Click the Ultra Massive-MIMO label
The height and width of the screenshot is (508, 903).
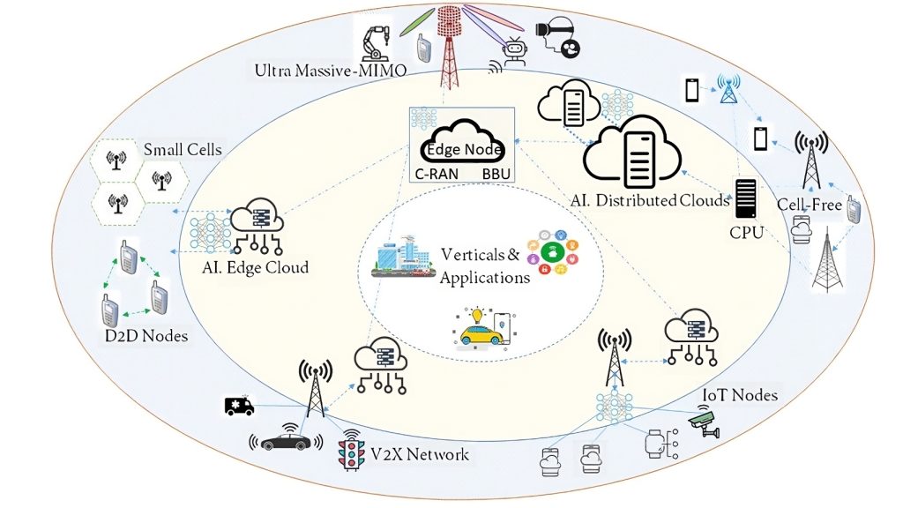click(331, 71)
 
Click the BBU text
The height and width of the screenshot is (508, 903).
click(496, 174)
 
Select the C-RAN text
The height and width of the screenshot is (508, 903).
click(437, 174)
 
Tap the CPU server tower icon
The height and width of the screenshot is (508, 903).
click(745, 198)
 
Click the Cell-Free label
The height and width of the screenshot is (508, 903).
click(810, 205)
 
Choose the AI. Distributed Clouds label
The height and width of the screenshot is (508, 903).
click(650, 200)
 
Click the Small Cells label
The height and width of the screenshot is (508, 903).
click(183, 150)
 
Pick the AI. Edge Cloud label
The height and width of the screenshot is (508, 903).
click(255, 268)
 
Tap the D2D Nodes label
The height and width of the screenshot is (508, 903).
click(146, 336)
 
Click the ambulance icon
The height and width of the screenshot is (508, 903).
click(239, 406)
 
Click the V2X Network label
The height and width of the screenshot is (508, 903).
click(420, 454)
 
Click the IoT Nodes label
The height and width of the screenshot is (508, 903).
click(740, 395)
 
